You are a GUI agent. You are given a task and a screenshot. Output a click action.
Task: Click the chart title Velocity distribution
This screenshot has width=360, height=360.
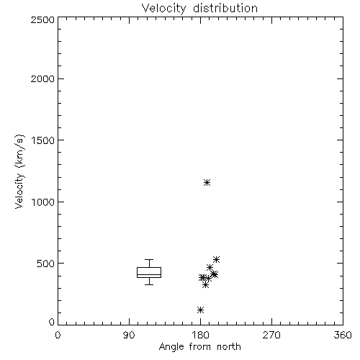coord(199,8)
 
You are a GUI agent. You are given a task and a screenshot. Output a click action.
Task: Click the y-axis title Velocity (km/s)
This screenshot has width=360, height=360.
coord(19,171)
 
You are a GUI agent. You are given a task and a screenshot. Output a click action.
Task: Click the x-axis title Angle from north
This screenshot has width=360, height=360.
coord(199,347)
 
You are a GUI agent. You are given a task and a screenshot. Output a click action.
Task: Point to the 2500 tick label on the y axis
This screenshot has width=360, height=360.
coord(42,19)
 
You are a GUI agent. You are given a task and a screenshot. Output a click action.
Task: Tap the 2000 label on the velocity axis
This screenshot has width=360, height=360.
coord(42,78)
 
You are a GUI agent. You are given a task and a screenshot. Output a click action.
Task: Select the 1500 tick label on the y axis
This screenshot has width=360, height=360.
coord(43,140)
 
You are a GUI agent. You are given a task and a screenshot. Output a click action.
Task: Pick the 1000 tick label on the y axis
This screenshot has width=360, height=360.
coord(43,202)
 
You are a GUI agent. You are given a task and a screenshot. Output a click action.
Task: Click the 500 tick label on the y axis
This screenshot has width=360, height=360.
coord(46,264)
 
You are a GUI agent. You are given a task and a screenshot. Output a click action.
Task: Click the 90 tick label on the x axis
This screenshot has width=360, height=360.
coord(129,335)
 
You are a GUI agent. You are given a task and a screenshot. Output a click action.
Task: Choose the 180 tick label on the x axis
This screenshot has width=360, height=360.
coord(200,335)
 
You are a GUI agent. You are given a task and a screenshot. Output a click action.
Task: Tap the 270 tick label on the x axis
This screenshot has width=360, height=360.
coord(271,335)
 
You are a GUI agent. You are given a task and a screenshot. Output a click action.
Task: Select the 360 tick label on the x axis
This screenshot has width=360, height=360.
coord(343,335)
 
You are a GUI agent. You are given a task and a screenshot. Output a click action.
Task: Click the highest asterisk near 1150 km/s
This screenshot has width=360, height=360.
coord(207,183)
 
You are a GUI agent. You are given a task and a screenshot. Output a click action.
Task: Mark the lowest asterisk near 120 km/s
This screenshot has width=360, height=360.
coord(200,310)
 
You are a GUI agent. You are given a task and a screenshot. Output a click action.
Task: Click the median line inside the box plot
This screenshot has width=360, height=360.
coord(149,274)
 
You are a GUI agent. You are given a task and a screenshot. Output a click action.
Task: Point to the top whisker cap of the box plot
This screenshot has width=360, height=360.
coord(149,259)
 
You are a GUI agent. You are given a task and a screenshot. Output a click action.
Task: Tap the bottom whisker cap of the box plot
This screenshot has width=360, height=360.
coord(149,284)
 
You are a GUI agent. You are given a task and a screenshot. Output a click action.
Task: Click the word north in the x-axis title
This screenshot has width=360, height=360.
coord(229,346)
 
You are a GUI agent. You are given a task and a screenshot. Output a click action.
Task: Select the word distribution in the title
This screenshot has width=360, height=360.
coord(225,8)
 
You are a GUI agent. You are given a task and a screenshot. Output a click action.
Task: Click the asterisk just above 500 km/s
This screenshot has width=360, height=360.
coord(216,259)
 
